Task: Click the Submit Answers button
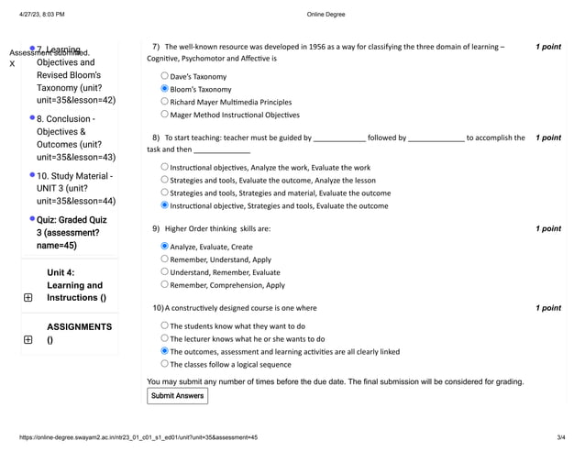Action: [x=177, y=396]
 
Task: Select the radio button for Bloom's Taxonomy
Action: [x=165, y=89]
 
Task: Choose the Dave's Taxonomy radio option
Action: [x=165, y=76]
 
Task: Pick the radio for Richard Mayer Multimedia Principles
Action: [x=165, y=102]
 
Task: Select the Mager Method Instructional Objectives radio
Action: [x=165, y=115]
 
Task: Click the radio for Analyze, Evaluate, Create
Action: [x=165, y=247]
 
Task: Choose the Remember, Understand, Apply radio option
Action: [x=165, y=259]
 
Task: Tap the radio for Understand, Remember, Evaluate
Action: [x=165, y=272]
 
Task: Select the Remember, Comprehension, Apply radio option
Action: [x=165, y=285]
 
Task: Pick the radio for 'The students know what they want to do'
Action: [x=165, y=325]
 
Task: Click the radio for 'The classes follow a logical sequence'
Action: [x=165, y=364]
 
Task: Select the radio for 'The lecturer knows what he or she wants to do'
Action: [x=165, y=338]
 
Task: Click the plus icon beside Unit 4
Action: [x=28, y=298]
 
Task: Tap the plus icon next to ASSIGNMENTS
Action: [x=28, y=340]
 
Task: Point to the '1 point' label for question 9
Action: [x=547, y=228]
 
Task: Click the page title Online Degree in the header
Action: [x=326, y=15]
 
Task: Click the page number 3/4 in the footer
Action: [x=560, y=437]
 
